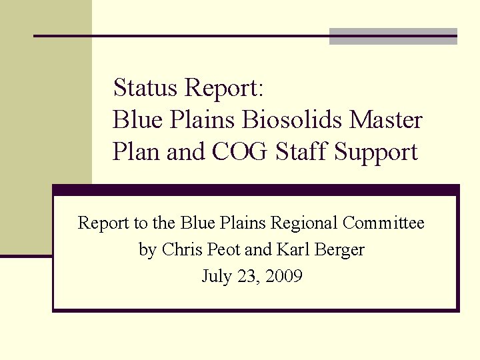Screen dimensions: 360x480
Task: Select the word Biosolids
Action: (x=292, y=120)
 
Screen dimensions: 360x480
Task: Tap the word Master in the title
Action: (x=386, y=120)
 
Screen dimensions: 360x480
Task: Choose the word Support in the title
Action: (x=376, y=153)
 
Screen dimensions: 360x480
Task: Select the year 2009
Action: (x=283, y=277)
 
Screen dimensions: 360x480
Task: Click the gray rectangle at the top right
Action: (x=393, y=37)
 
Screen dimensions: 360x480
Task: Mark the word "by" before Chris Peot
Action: (x=147, y=251)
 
